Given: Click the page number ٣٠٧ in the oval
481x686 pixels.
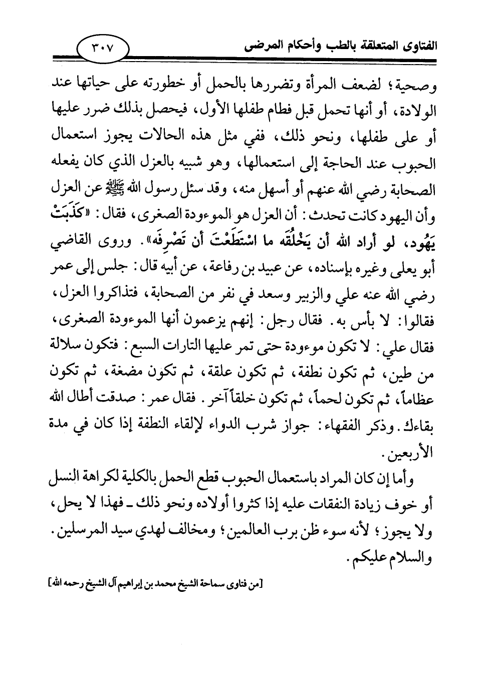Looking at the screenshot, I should [103, 48].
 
